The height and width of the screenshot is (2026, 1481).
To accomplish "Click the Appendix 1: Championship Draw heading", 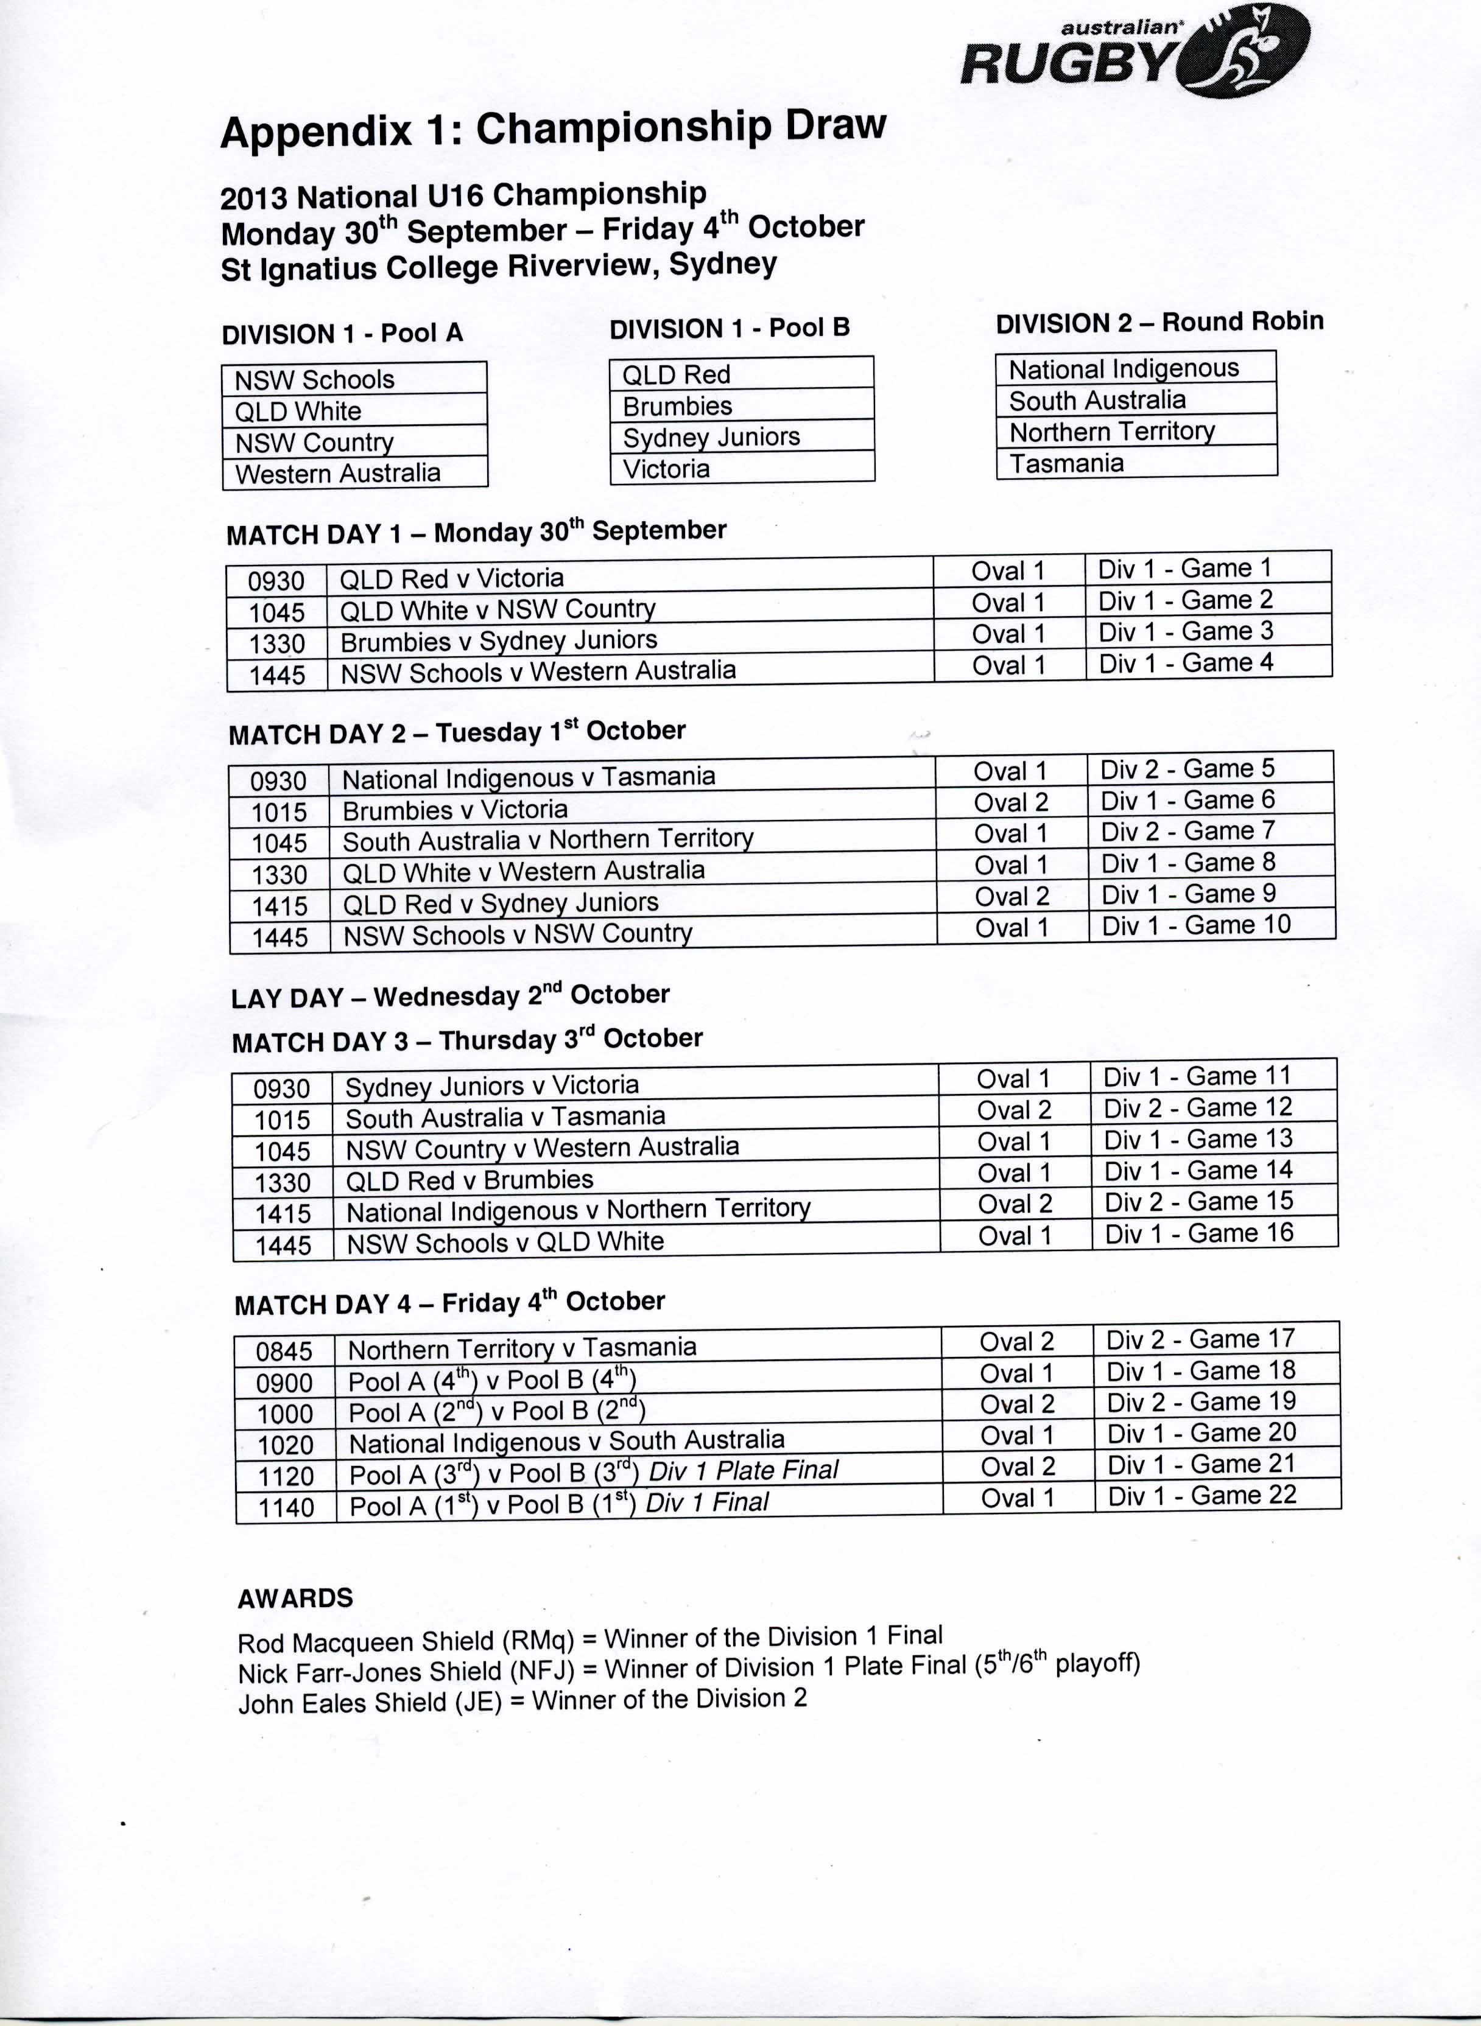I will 552,129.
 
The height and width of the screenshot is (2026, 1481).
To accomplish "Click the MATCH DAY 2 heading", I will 456,732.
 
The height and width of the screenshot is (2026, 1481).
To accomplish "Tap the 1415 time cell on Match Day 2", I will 280,906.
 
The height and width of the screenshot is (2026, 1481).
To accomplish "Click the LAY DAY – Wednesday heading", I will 450,995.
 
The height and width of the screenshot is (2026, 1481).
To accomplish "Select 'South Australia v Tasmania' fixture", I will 505,1116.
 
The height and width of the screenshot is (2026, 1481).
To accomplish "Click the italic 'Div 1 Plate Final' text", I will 743,1470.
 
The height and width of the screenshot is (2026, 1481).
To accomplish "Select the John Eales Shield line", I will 522,1700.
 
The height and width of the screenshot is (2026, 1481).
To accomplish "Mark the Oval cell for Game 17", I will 1016,1341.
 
